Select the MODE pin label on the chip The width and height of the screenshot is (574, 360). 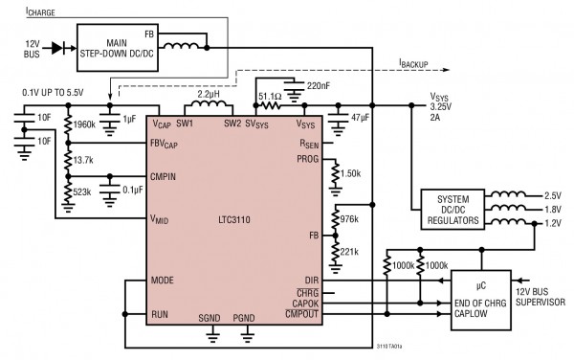pyautogui.click(x=163, y=281)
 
